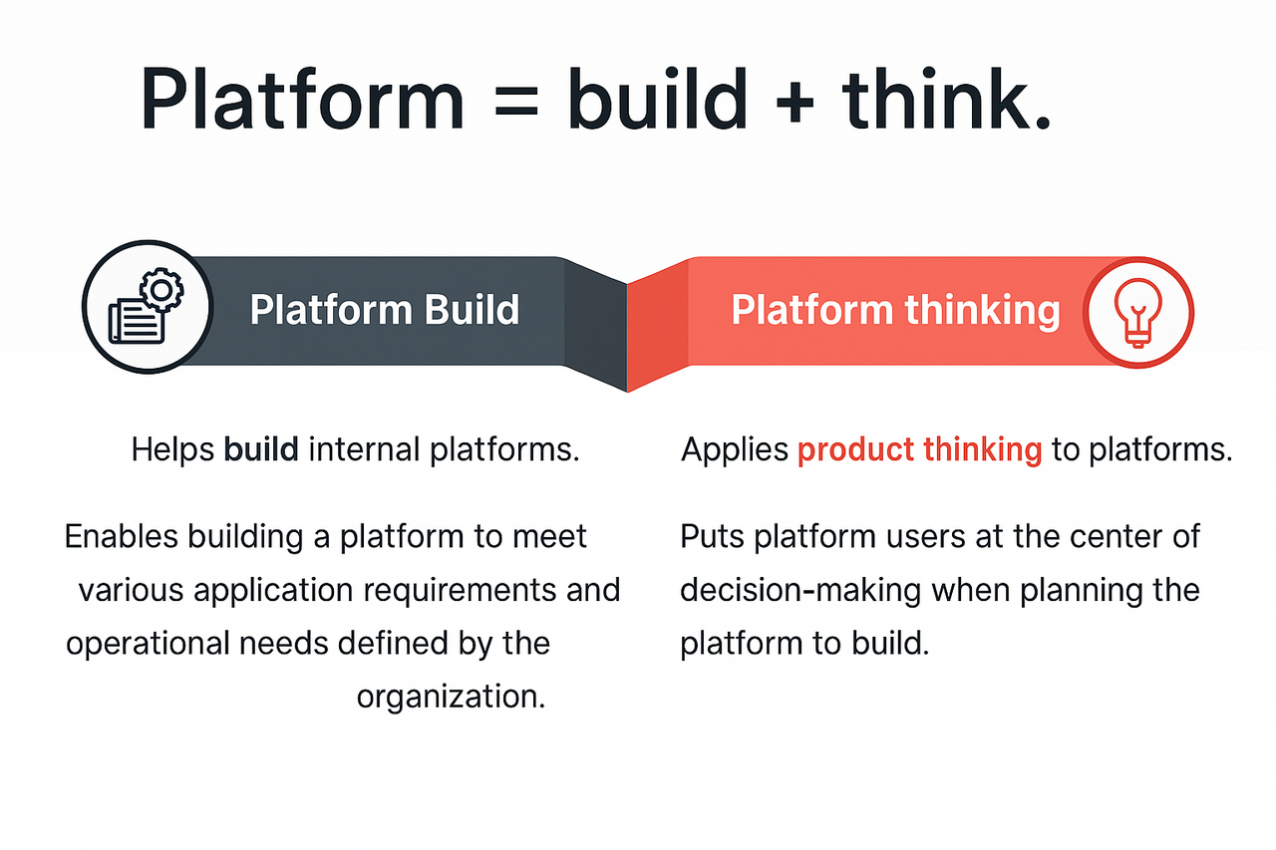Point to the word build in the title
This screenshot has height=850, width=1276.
pyautogui.click(x=658, y=98)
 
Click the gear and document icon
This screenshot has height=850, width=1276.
pyautogui.click(x=147, y=309)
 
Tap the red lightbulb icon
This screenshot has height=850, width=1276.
pyautogui.click(x=1137, y=310)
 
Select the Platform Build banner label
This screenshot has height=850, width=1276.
pyautogui.click(x=384, y=310)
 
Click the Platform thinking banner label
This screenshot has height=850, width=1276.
pyautogui.click(x=894, y=310)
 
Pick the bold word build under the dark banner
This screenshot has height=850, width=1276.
pyautogui.click(x=261, y=450)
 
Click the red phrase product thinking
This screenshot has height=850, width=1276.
pyautogui.click(x=919, y=450)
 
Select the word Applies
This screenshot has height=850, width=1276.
pyautogui.click(x=734, y=450)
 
